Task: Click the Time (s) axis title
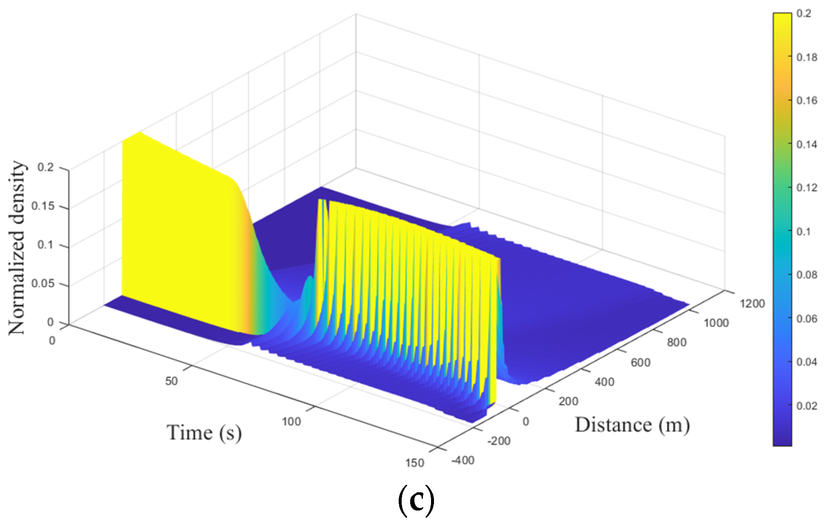pyautogui.click(x=204, y=433)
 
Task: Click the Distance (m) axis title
pyautogui.click(x=632, y=425)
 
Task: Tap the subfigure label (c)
pyautogui.click(x=416, y=500)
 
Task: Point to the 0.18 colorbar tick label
pyautogui.click(x=806, y=57)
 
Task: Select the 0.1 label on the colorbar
pyautogui.click(x=803, y=231)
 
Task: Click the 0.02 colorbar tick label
pyautogui.click(x=806, y=406)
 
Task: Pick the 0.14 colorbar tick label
pyautogui.click(x=806, y=144)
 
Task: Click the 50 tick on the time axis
pyautogui.click(x=171, y=381)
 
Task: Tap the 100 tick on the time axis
pyautogui.click(x=291, y=422)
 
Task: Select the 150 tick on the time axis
pyautogui.click(x=414, y=463)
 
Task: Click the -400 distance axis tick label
pyautogui.click(x=462, y=460)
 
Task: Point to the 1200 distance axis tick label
pyautogui.click(x=752, y=304)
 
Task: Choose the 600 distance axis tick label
pyautogui.click(x=640, y=362)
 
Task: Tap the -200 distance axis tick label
pyautogui.click(x=499, y=441)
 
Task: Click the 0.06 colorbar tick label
pyautogui.click(x=806, y=319)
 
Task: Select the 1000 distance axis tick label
pyautogui.click(x=716, y=323)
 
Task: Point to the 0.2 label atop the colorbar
pyautogui.click(x=803, y=14)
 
